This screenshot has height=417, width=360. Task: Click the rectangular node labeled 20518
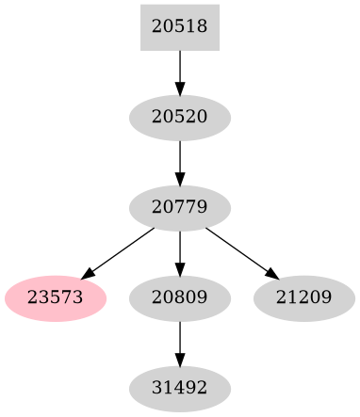[x=179, y=27]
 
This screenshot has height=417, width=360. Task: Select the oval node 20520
[x=179, y=118]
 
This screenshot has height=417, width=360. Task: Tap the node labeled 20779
[x=179, y=205]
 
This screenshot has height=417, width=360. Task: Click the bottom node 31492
[x=179, y=387]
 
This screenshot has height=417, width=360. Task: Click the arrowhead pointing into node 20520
[x=179, y=88]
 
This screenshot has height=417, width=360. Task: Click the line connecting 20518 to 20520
[x=179, y=66]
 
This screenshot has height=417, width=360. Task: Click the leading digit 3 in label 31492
[x=156, y=387]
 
